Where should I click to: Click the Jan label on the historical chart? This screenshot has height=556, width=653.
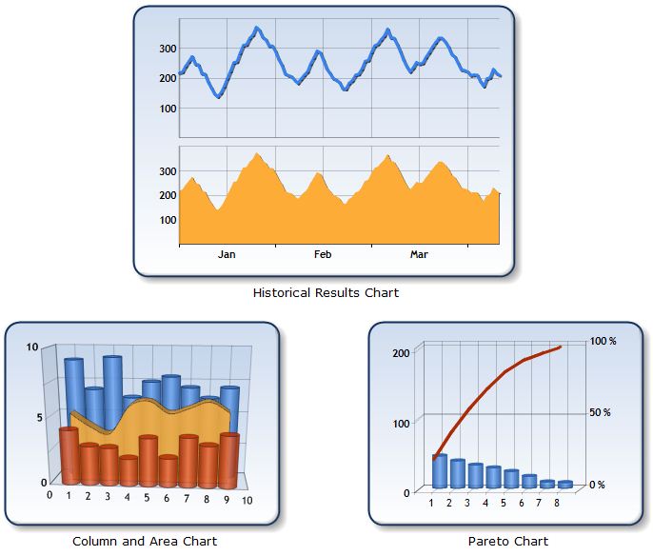pos(227,254)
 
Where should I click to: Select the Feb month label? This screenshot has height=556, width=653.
pos(323,254)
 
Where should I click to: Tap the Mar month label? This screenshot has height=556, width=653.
pos(419,254)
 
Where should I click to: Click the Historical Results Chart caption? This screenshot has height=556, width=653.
pos(326,292)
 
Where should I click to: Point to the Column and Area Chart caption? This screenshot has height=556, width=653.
pos(145,541)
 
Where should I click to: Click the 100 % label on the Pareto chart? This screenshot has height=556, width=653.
pos(604,341)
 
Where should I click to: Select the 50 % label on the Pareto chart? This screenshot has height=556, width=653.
pos(600,412)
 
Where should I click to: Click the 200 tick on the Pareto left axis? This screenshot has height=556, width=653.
pos(401,352)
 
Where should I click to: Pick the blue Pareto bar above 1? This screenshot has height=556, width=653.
pos(439,470)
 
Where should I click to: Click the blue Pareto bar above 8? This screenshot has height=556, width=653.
pos(565,484)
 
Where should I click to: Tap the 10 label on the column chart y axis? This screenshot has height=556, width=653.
pos(32,347)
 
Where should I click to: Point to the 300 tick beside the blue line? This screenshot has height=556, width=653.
pos(167,48)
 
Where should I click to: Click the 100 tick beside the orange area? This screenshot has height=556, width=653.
pos(167,219)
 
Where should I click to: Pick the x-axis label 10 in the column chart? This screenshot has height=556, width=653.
pos(247,501)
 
